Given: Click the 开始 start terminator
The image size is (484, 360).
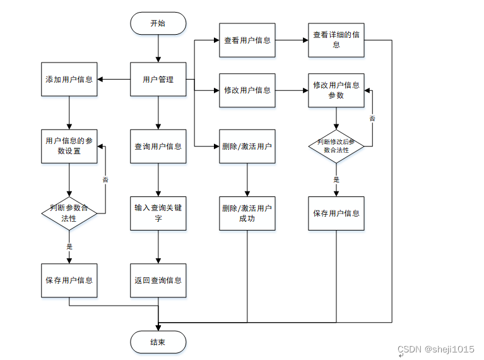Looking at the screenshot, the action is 158,23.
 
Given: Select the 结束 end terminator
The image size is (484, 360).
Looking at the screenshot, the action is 158,342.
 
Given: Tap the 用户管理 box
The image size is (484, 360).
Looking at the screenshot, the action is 158,80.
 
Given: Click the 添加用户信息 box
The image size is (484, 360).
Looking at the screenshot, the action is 69,80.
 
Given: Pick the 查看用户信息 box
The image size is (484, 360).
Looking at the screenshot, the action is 247,40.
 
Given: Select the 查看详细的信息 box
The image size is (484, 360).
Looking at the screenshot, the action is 336,40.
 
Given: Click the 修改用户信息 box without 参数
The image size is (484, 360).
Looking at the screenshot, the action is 247,90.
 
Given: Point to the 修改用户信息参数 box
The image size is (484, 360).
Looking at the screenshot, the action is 336,90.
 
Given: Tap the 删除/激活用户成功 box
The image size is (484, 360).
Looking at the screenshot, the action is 247,213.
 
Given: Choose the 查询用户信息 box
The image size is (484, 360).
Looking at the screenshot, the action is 158,146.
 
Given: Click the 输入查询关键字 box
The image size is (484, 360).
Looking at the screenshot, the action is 158,213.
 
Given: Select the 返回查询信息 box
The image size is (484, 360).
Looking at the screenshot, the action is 158,280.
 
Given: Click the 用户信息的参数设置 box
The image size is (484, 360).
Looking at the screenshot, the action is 69,146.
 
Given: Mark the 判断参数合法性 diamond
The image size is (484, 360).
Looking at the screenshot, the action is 69,213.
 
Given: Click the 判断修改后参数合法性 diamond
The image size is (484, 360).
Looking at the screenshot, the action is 336,146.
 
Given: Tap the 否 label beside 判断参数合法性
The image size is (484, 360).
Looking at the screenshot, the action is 105,179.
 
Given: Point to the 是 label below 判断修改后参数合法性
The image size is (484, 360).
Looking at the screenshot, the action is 336,179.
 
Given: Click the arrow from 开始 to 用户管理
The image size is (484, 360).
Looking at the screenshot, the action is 158,49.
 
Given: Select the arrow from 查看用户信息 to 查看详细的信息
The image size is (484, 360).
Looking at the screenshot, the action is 292,40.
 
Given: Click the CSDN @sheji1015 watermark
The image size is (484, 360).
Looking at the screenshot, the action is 435,349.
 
